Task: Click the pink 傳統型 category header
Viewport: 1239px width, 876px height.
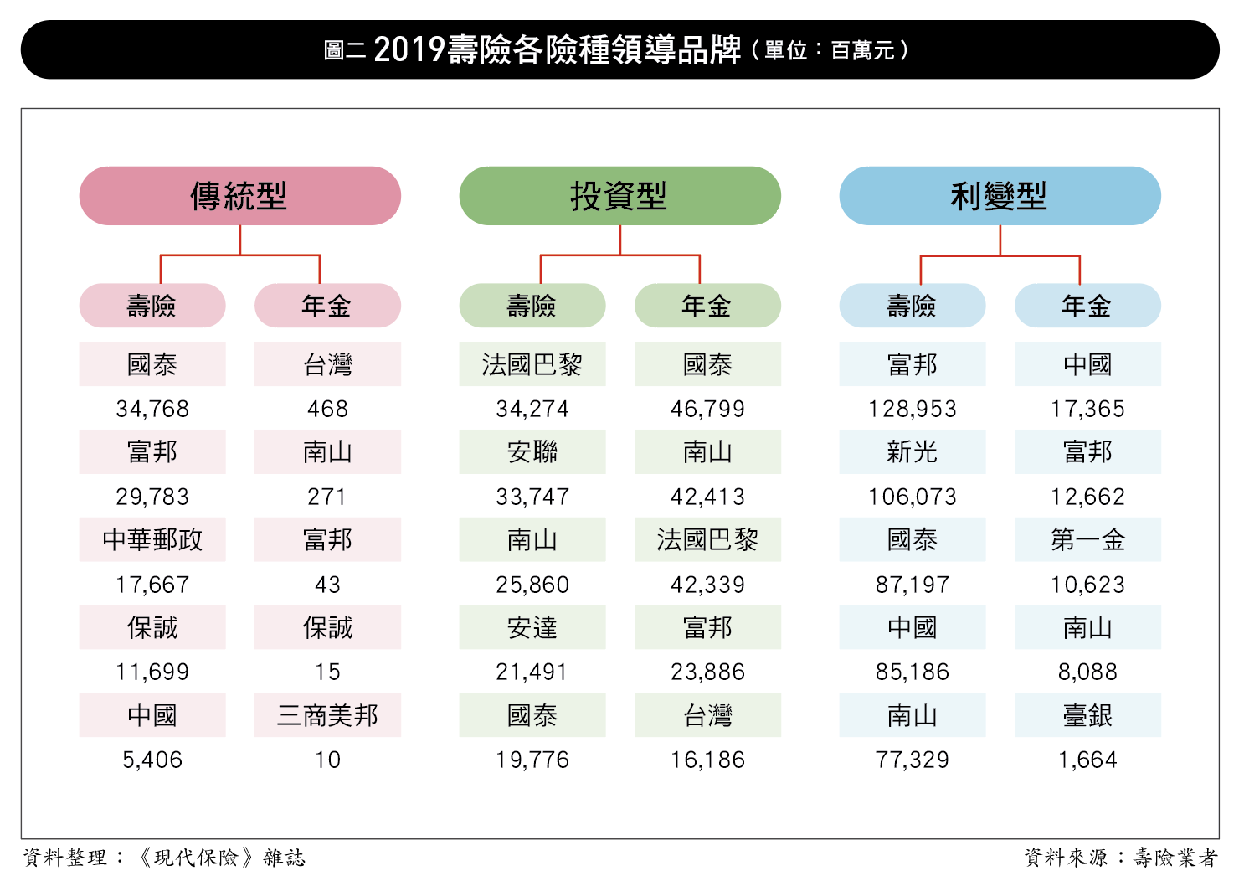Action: [239, 196]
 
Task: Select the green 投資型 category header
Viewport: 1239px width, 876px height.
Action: [619, 196]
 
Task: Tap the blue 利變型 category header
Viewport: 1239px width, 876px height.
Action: [1000, 196]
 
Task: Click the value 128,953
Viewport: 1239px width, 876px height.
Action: [912, 409]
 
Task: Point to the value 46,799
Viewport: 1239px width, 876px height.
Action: [707, 409]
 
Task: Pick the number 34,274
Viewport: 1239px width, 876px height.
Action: [532, 409]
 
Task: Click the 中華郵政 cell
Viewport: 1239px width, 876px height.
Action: [152, 539]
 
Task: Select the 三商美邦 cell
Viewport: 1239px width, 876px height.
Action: [327, 715]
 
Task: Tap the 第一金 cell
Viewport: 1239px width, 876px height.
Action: [1087, 539]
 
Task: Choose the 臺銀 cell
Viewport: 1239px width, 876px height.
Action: [1087, 715]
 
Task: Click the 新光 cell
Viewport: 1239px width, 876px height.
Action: [912, 452]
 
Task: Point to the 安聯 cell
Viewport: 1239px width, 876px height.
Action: [532, 452]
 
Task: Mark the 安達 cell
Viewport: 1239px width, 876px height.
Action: [532, 627]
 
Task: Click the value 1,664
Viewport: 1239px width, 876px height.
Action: [1087, 760]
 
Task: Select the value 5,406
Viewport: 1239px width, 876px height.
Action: [152, 760]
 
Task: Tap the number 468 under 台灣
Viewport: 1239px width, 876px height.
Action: [327, 409]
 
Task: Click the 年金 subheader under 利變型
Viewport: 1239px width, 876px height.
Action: [1087, 306]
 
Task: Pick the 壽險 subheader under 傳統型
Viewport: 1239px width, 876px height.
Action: [152, 306]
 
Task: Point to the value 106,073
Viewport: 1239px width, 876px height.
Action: [912, 497]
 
